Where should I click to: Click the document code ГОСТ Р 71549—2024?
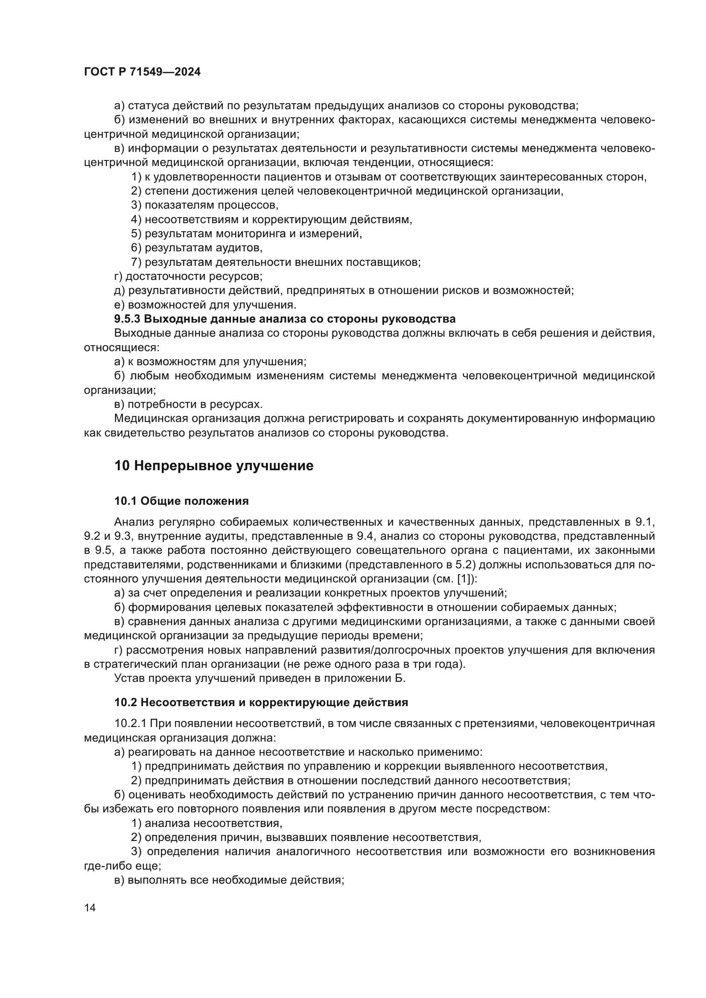[x=142, y=72]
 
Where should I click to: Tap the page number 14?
[x=90, y=908]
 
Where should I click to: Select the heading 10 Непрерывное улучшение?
[x=213, y=466]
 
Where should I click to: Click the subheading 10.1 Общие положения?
[x=181, y=501]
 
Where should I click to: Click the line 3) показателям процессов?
[x=204, y=205]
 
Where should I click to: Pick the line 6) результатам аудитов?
[x=196, y=248]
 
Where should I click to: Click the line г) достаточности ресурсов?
[x=188, y=276]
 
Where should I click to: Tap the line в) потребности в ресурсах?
[x=188, y=404]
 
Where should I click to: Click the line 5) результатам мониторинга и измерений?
[x=246, y=234]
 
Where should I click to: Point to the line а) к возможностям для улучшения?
[x=210, y=362]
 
